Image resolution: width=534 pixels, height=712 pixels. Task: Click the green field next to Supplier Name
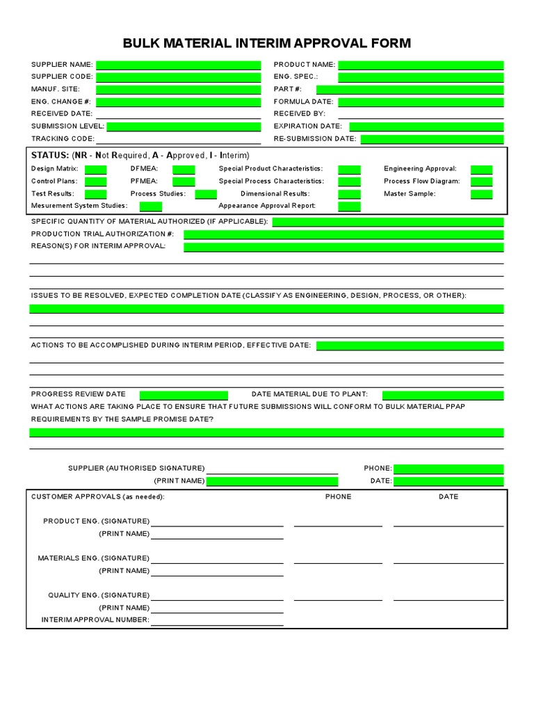coord(178,65)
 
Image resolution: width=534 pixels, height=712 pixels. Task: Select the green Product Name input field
coord(421,65)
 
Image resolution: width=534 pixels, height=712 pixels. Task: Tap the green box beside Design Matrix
coord(95,169)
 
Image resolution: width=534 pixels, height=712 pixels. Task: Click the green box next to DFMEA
coord(184,169)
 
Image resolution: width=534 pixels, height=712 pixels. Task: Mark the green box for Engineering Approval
coord(481,169)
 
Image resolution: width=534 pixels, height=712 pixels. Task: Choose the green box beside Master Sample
coord(481,194)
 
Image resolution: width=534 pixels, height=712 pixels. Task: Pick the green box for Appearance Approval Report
coord(350,207)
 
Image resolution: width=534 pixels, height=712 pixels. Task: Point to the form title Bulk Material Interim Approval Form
coord(267,44)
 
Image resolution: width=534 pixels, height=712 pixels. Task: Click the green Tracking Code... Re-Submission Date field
coord(432,139)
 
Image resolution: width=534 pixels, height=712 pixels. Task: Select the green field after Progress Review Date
coord(184,395)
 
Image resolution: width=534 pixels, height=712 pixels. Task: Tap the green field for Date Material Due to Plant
coord(443,395)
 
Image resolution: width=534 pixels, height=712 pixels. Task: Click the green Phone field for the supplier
coord(448,469)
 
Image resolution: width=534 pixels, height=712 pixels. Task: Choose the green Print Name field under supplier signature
coord(272,481)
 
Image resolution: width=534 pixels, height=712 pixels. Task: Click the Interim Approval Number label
coord(95,620)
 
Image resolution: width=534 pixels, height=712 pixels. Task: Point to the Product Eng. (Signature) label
coord(96,521)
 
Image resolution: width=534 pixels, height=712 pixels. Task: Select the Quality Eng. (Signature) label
coord(98,595)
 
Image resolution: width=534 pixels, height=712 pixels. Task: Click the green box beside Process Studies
coord(206,194)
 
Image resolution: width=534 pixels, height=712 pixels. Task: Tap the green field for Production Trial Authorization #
coord(343,234)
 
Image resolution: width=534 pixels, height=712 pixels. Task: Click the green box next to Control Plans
coord(95,181)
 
